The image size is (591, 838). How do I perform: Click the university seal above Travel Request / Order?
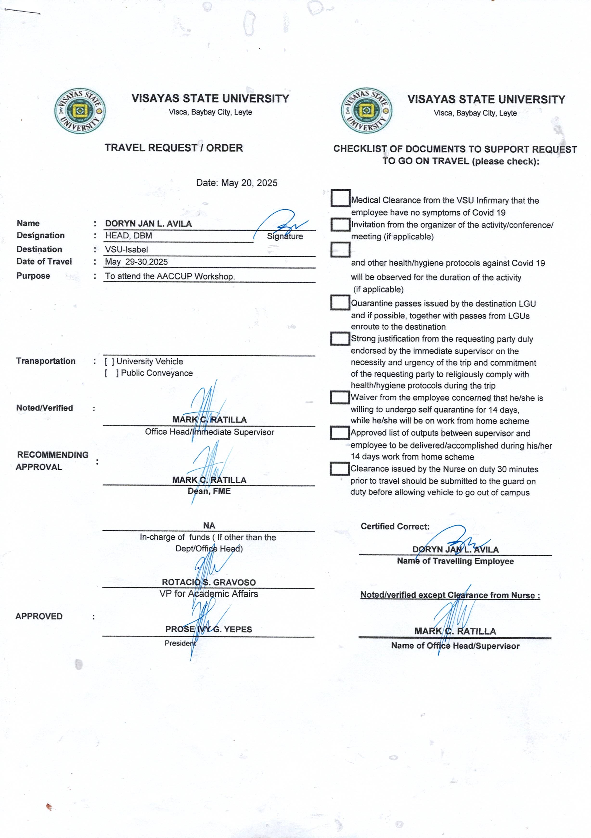tap(80, 111)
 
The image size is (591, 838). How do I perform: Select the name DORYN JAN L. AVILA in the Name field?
tap(148, 224)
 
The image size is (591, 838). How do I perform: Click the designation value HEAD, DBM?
tap(128, 236)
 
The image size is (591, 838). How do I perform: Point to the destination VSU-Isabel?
tap(126, 250)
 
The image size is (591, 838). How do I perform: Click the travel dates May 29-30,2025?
tap(136, 262)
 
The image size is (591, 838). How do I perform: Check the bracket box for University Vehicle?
tap(109, 361)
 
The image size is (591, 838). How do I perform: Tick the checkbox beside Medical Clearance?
tap(340, 198)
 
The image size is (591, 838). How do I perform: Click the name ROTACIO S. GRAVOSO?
tap(209, 582)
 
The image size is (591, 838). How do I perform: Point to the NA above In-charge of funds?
tap(209, 525)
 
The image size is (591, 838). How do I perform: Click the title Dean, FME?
tap(209, 491)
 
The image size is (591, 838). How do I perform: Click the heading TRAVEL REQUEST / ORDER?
tap(173, 148)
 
